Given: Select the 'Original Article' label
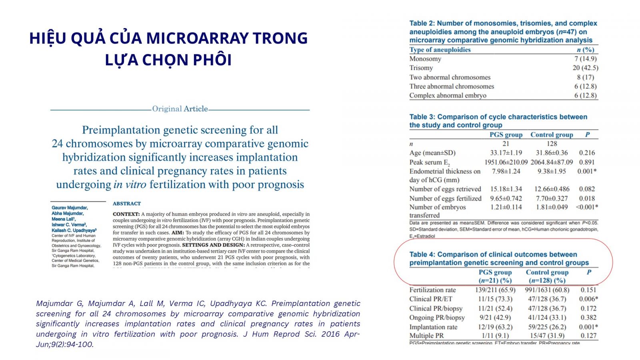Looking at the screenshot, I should click(180, 109).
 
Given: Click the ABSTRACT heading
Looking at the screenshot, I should click(127, 204).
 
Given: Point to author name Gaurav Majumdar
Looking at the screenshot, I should click(70, 208).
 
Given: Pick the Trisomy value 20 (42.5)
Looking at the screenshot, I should click(585, 68).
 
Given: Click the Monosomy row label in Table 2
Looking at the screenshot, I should click(425, 59).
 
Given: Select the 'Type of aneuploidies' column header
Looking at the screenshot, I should click(440, 50).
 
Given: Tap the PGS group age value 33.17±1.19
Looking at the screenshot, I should click(506, 153).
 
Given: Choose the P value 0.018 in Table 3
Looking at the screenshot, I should click(587, 198).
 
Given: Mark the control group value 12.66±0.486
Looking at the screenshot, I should click(552, 189).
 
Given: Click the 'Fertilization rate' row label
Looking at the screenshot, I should click(432, 290).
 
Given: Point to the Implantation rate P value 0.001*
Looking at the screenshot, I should click(588, 327).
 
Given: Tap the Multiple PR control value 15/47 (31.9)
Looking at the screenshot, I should click(547, 336).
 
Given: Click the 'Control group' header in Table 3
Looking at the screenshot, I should click(552, 135).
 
